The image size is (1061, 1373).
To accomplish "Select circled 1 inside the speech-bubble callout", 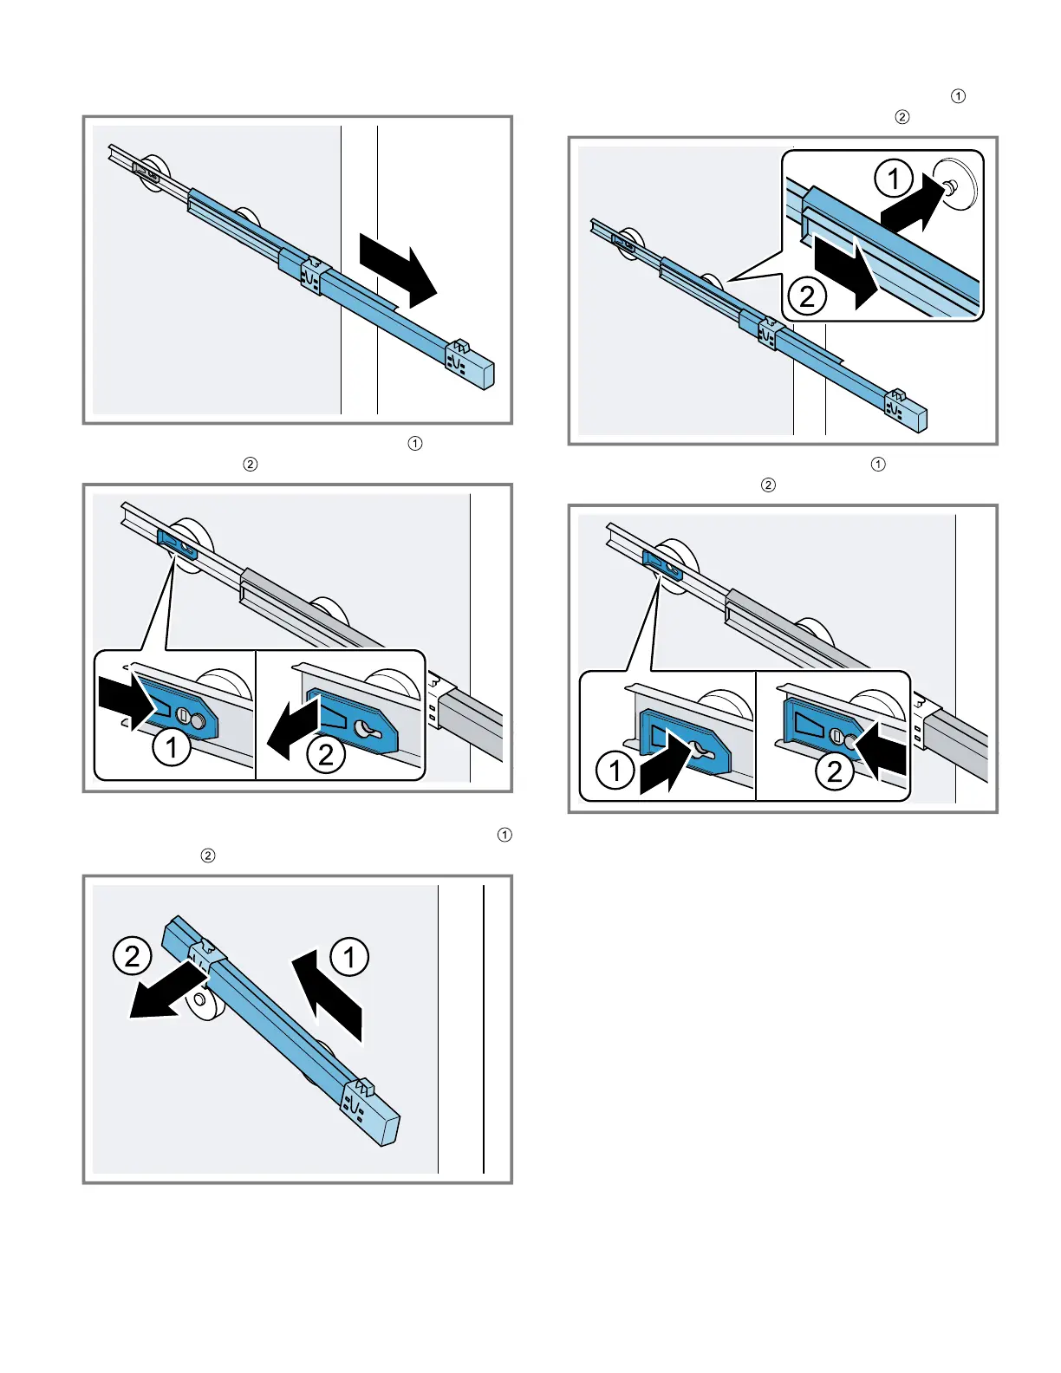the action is tap(893, 179).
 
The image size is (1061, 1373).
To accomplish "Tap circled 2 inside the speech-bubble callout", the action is tap(807, 296).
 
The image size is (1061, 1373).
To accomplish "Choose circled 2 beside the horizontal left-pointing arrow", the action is tap(325, 754).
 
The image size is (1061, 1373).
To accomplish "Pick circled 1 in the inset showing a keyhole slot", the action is tap(615, 771).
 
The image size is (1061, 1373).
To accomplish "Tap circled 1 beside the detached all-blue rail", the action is tap(349, 957).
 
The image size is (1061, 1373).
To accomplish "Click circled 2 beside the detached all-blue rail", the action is tap(132, 956).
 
